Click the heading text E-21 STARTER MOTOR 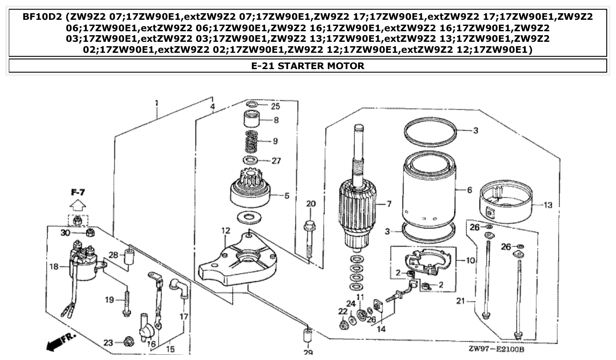pos(308,66)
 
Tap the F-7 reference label pos(78,192)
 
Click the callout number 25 pos(275,106)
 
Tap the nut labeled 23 pos(129,341)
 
